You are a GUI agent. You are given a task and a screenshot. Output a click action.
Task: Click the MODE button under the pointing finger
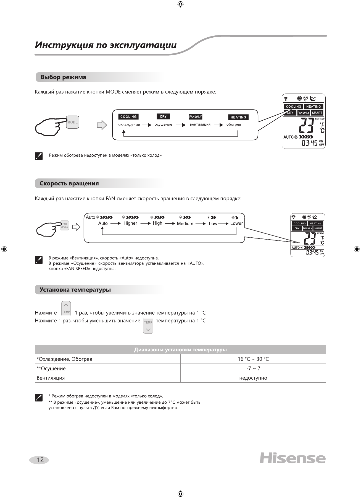(x=73, y=122)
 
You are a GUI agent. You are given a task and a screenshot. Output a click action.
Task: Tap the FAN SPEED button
(x=65, y=225)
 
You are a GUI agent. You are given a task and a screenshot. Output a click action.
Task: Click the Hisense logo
(x=293, y=458)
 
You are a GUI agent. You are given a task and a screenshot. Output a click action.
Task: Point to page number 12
(x=40, y=460)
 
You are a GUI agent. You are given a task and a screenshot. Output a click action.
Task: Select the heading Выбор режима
(x=63, y=77)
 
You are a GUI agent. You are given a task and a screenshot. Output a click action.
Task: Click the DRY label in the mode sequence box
(x=163, y=116)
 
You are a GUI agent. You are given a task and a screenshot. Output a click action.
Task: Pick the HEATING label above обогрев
(x=238, y=117)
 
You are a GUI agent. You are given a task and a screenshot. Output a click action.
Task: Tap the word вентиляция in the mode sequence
(x=200, y=124)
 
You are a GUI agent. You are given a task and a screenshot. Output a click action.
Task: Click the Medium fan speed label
(x=185, y=224)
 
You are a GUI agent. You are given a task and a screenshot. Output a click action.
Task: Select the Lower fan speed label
(x=236, y=223)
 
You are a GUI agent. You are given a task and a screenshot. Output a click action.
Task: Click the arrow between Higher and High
(x=145, y=223)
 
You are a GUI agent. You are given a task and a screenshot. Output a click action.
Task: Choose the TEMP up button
(x=66, y=308)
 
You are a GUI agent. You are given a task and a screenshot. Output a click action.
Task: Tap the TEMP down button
(x=148, y=326)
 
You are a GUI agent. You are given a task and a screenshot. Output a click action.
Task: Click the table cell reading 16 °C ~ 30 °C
(x=253, y=359)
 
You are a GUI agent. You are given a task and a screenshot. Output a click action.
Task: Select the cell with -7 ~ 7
(x=253, y=369)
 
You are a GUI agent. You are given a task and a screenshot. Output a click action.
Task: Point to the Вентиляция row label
(x=51, y=378)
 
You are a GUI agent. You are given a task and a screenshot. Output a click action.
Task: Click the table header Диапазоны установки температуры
(x=180, y=350)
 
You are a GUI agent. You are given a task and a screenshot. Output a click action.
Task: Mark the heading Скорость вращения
(x=69, y=183)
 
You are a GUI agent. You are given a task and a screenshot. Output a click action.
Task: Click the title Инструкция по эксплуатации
(x=106, y=45)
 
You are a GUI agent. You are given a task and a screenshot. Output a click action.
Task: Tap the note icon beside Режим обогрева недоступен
(x=39, y=156)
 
